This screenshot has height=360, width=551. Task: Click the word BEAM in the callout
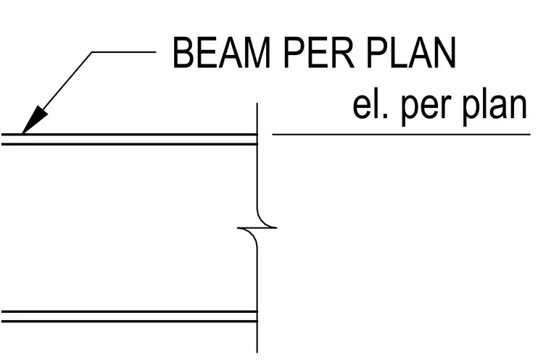tap(222, 52)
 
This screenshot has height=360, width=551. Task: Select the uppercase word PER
tap(319, 52)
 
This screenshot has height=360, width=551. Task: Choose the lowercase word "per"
tap(424, 109)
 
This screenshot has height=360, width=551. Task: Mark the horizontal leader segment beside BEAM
tap(124, 52)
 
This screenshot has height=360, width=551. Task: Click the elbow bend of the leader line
tap(92, 52)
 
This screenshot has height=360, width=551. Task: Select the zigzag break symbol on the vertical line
tap(257, 228)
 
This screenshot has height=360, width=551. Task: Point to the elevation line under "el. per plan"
tap(402, 134)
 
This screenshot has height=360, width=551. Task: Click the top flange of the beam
tap(129, 139)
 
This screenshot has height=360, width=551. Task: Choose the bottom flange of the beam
tap(129, 317)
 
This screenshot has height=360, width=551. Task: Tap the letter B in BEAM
tap(183, 52)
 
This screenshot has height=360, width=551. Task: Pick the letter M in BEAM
tap(257, 52)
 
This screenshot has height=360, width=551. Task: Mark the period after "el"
tap(385, 116)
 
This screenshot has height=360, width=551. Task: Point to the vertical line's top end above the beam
tap(257, 104)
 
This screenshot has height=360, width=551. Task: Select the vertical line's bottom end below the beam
tap(257, 352)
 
